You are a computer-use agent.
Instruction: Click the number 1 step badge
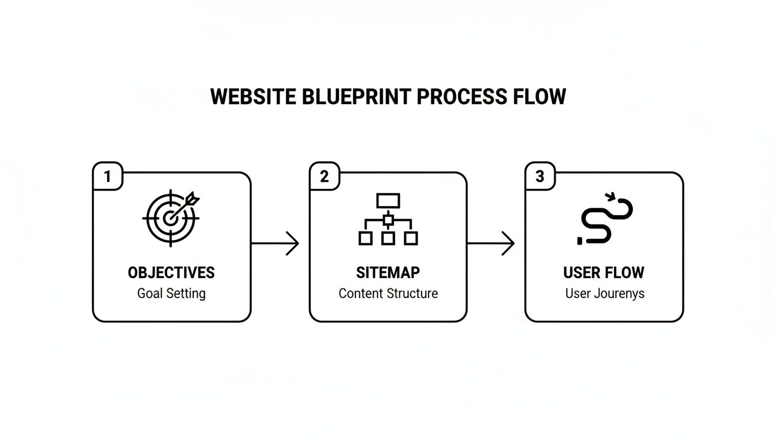coord(108,177)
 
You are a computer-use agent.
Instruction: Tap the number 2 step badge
coord(324,177)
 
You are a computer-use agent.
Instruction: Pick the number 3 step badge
coord(540,177)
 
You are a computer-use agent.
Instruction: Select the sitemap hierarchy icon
coord(388,219)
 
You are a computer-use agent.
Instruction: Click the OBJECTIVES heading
coord(171,272)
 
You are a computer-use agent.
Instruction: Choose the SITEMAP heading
coord(388,272)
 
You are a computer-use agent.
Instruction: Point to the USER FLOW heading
coord(604,272)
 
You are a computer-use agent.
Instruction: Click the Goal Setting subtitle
coord(171,294)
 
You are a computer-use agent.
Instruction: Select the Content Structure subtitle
coord(388,294)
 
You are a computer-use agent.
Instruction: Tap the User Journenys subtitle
coord(604,294)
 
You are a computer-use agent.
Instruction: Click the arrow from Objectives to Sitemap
coord(275,243)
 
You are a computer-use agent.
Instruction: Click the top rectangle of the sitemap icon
coord(388,201)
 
